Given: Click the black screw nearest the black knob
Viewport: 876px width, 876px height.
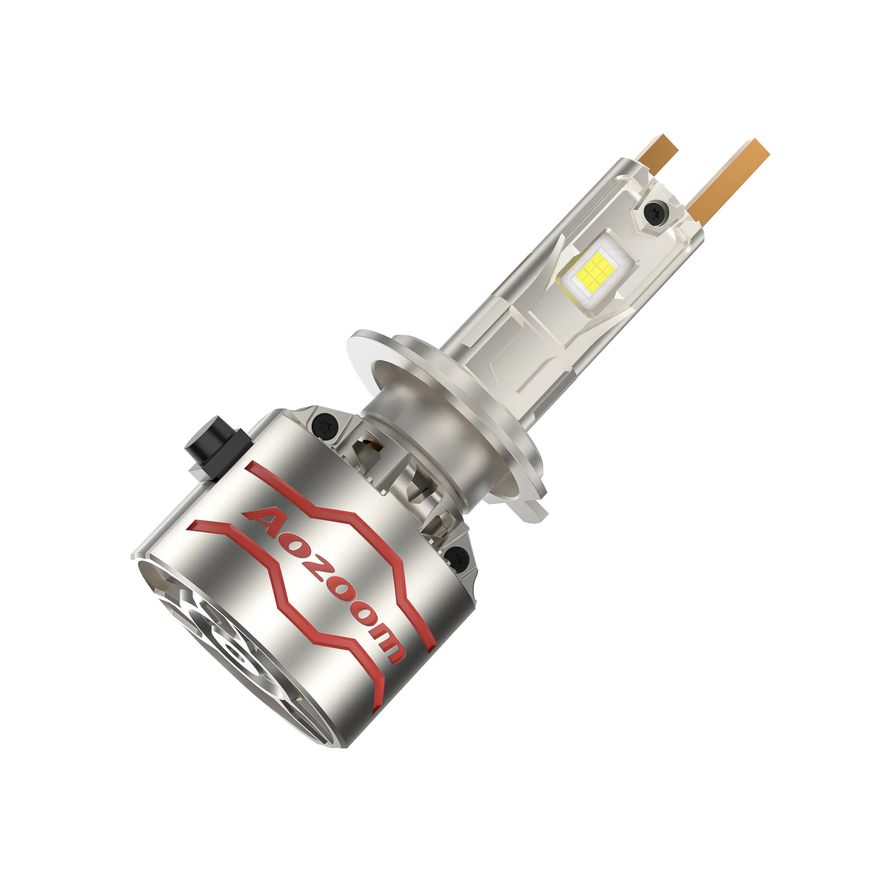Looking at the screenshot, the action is [x=324, y=425].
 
